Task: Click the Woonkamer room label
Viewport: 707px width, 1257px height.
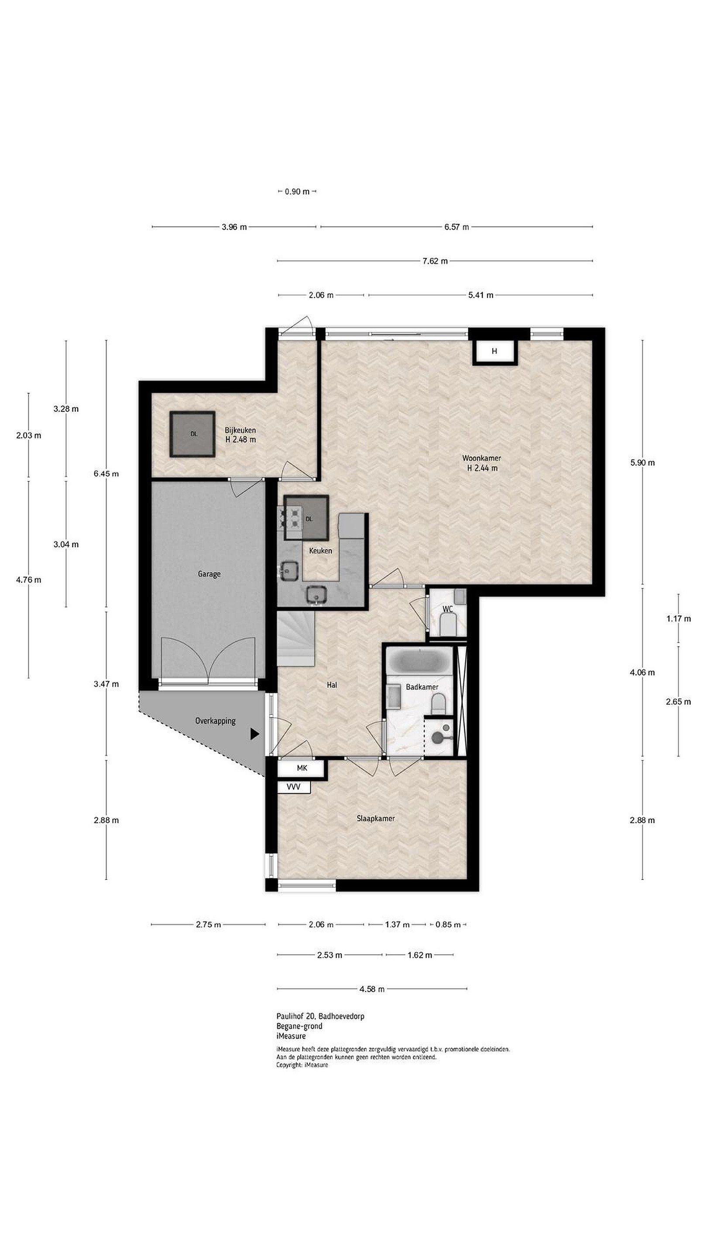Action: (481, 458)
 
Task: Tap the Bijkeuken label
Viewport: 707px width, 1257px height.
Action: (240, 430)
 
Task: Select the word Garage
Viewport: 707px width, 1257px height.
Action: (209, 574)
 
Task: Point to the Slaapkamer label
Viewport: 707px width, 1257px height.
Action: (376, 818)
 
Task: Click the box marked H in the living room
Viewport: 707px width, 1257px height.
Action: (494, 351)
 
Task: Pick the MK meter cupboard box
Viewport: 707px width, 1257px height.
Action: (302, 768)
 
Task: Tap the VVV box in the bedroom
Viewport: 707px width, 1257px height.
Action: (293, 787)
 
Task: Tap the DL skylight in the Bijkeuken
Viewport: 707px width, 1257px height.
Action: (193, 434)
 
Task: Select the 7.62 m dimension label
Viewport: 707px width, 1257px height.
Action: (435, 261)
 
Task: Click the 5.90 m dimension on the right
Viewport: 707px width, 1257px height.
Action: (642, 463)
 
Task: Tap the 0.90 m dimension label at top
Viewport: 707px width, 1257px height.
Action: (297, 192)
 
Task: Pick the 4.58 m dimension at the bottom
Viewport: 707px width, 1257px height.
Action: (372, 989)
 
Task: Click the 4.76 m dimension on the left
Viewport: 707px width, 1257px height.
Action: (28, 580)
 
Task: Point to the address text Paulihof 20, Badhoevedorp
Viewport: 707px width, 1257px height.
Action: (320, 1017)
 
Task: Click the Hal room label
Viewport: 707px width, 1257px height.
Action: (332, 685)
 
